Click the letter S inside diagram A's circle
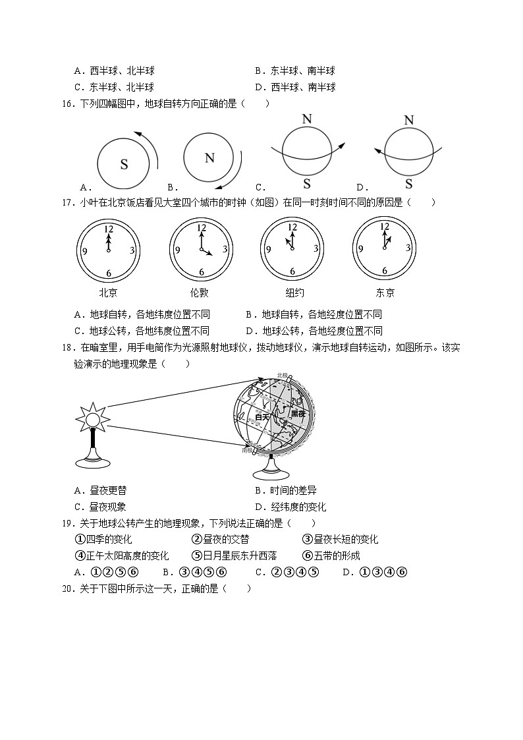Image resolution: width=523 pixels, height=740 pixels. [124, 165]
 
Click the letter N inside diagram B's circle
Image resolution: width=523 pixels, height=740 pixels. [209, 157]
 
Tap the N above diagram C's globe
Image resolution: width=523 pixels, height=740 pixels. [306, 119]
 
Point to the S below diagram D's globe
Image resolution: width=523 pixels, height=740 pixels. [409, 184]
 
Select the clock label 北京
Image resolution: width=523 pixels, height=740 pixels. [108, 293]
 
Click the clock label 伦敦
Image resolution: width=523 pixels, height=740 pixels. [200, 293]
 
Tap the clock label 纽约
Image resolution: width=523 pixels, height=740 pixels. [291, 293]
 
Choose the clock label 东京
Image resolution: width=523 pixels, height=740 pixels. [385, 293]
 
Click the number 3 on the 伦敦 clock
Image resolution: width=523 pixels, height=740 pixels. [225, 250]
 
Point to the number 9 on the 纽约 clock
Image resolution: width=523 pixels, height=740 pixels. [268, 250]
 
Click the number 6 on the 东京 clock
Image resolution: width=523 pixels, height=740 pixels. [385, 271]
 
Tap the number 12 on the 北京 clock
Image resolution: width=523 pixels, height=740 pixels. [109, 229]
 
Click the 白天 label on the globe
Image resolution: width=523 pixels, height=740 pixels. [262, 416]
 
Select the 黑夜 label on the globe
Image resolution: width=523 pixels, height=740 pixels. [298, 413]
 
